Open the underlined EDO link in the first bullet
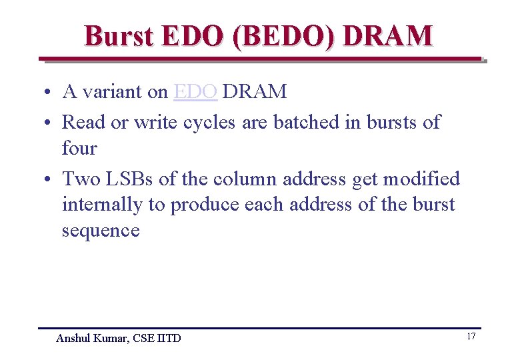195,91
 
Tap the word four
79,148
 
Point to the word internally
101,205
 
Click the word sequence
101,231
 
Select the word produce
204,205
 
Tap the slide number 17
471,336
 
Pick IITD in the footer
169,338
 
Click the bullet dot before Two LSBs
50,180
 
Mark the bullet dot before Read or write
50,123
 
